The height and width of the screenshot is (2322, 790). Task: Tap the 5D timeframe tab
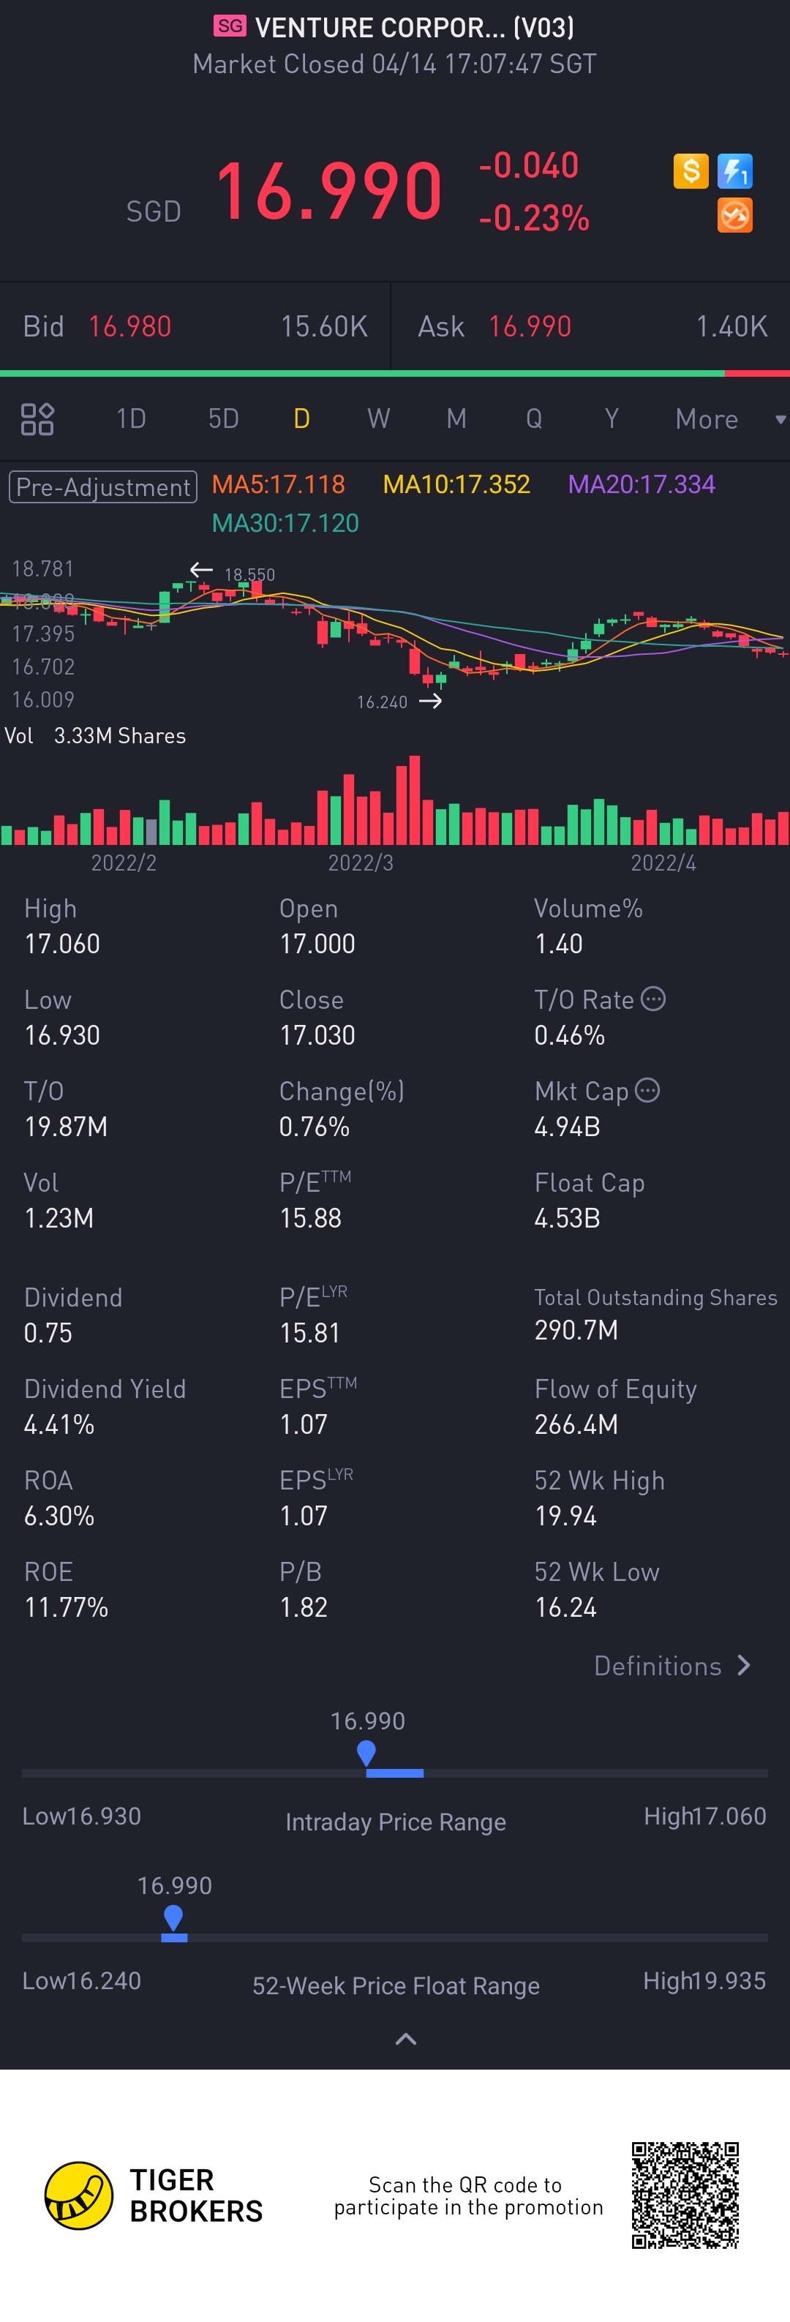point(223,418)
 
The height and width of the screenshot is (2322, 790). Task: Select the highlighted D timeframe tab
point(302,418)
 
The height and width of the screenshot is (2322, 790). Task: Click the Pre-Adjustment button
point(102,486)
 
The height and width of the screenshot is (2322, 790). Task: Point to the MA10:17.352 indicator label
point(456,485)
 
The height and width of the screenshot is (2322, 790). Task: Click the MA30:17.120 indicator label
point(285,523)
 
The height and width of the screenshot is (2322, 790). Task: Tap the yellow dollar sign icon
point(691,170)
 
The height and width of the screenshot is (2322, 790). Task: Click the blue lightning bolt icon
point(735,170)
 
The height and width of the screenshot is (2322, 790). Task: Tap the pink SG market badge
point(230,26)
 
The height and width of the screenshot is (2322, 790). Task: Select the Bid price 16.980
point(129,326)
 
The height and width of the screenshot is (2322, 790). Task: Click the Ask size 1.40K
point(731,326)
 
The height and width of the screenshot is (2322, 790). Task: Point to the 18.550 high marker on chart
point(249,574)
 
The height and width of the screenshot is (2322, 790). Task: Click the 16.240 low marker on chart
point(382,702)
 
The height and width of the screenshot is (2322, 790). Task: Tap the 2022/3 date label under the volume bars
point(361,863)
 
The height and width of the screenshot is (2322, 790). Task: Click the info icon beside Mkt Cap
point(647,1091)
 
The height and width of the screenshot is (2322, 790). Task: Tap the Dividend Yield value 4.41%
point(59,1424)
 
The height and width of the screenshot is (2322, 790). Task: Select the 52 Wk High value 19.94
point(565,1516)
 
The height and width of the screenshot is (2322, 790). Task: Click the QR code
point(685,2195)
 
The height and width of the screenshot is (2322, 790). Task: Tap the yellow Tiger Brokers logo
point(79,2195)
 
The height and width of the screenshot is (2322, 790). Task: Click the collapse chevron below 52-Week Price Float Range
point(405,2039)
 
